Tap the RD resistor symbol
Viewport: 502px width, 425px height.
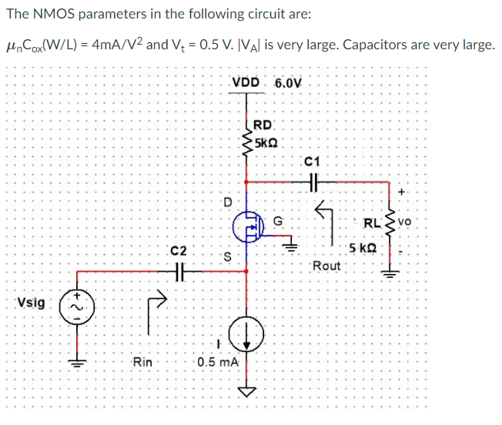point(247,139)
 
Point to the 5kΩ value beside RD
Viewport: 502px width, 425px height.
point(266,143)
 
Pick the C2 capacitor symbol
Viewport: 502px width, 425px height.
point(179,270)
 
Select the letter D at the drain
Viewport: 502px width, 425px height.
point(227,203)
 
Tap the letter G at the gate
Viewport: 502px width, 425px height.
point(278,222)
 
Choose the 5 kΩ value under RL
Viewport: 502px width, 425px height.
point(362,248)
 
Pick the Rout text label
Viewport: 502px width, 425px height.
point(326,266)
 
